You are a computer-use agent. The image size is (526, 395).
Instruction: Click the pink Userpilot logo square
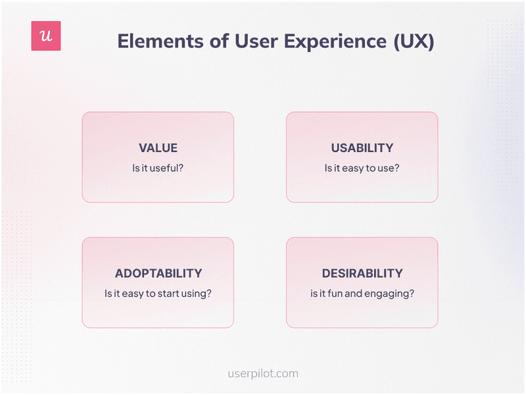[x=46, y=36]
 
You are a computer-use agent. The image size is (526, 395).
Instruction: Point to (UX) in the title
[x=414, y=41]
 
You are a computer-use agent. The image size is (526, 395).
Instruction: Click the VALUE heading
[x=158, y=148]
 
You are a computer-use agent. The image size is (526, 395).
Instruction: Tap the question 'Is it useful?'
[x=158, y=168]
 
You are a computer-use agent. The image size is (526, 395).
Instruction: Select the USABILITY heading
[x=362, y=148]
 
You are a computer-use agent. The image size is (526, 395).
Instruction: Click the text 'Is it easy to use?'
[x=362, y=168]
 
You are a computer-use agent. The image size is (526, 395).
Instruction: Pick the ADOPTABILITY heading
[x=158, y=273]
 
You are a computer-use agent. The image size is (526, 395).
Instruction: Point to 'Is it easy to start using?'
[x=158, y=293]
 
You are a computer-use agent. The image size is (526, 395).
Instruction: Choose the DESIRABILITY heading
[x=362, y=273]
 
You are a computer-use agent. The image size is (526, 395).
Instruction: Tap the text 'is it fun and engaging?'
[x=362, y=293]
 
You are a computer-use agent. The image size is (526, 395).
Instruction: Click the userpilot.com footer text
[x=262, y=373]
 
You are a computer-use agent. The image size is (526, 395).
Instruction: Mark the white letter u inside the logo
[x=46, y=36]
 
